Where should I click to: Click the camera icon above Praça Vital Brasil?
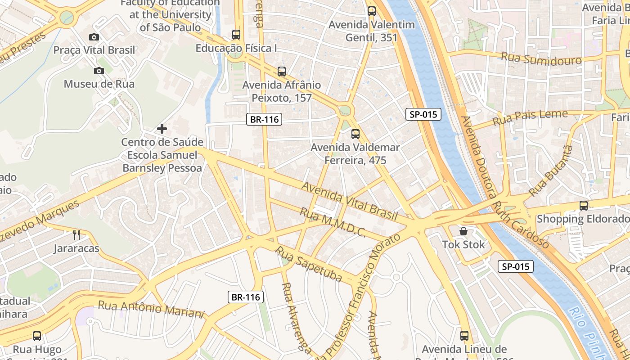click(x=94, y=37)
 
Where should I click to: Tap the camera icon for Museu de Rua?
click(x=99, y=71)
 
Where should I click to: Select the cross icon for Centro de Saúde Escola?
click(x=162, y=129)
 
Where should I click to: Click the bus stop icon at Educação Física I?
click(x=236, y=34)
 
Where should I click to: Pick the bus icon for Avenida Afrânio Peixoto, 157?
click(x=282, y=71)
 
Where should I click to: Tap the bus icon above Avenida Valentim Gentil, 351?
click(x=372, y=11)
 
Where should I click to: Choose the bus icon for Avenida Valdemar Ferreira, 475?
click(x=355, y=134)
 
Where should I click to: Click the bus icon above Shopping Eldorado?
click(x=584, y=206)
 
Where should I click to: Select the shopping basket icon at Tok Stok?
click(x=463, y=231)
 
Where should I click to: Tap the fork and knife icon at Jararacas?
click(x=76, y=234)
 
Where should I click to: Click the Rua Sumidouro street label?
click(x=541, y=58)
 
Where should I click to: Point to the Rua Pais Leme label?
click(x=530, y=118)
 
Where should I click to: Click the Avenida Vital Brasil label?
click(x=349, y=201)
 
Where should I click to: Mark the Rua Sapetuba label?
click(x=309, y=264)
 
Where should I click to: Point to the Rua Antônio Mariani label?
click(x=151, y=310)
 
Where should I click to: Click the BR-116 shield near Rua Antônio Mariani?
click(x=246, y=297)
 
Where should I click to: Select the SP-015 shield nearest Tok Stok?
click(x=516, y=266)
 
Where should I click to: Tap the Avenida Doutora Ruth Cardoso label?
click(x=504, y=182)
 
